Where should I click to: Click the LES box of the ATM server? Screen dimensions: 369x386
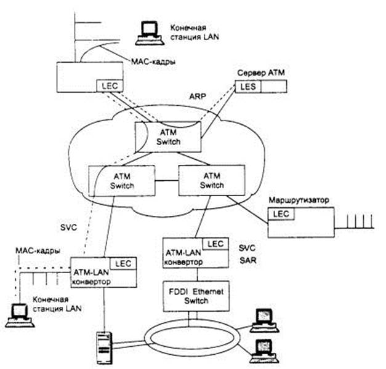point(244,87)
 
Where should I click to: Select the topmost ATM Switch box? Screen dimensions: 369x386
point(168,138)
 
